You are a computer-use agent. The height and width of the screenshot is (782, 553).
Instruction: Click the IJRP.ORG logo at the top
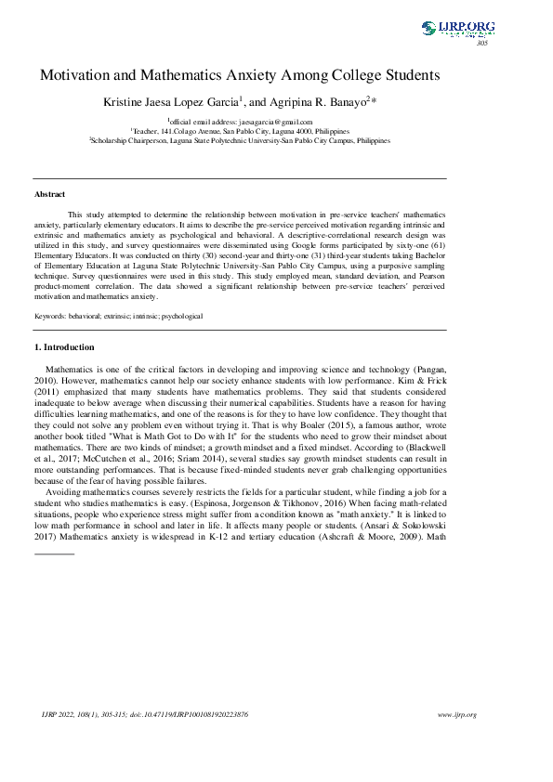458,28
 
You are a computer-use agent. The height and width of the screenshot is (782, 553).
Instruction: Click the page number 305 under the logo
481,44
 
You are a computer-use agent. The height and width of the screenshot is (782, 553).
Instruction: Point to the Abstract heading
49,194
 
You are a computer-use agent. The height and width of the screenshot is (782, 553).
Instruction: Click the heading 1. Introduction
64,347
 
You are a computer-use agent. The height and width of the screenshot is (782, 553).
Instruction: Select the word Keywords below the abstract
50,316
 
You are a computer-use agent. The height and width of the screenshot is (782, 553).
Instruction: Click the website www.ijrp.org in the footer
456,715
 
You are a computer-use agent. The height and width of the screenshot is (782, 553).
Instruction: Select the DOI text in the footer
194,715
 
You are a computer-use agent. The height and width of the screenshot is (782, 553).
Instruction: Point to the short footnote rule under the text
54,554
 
